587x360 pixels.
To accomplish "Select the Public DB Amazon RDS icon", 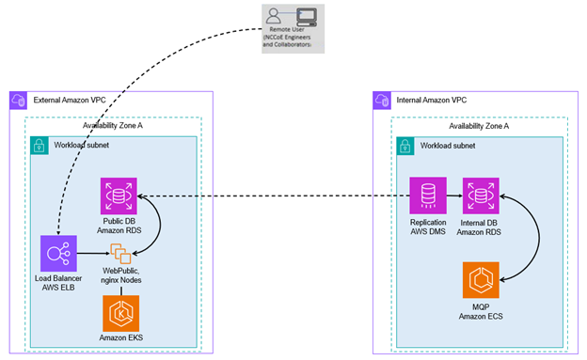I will [x=119, y=195].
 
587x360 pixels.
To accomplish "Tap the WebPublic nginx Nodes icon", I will [x=120, y=253].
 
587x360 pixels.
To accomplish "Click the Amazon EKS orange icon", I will [x=120, y=312].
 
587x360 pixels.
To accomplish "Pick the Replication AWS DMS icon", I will [x=428, y=196].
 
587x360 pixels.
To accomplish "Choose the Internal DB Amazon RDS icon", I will [x=480, y=196].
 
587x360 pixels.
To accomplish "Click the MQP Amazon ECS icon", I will [x=480, y=281].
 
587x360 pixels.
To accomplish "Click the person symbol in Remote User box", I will [x=273, y=16].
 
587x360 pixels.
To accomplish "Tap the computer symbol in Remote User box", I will [x=308, y=16].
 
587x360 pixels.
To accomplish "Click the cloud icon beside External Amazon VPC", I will [x=17, y=100].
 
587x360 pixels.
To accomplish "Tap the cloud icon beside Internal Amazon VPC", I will [x=382, y=100].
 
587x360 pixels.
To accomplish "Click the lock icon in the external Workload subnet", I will [x=40, y=146].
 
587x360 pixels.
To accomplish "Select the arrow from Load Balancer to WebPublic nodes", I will [x=92, y=253].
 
